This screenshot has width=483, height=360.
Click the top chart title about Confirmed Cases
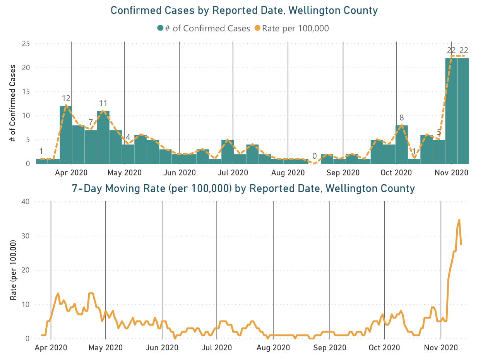pyautogui.click(x=244, y=10)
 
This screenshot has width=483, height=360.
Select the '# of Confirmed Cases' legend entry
pyautogui.click(x=204, y=28)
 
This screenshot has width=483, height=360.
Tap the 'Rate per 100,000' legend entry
pyautogui.click(x=292, y=28)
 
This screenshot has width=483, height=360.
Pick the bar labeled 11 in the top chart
pyautogui.click(x=103, y=137)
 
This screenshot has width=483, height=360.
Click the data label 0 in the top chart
pyautogui.click(x=315, y=156)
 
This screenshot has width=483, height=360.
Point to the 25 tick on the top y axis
pyautogui.click(x=26, y=44)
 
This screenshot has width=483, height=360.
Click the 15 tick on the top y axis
pyautogui.click(x=26, y=92)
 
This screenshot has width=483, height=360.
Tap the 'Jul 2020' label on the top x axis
pyautogui.click(x=233, y=173)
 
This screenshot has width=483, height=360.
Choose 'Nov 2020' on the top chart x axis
pyautogui.click(x=452, y=173)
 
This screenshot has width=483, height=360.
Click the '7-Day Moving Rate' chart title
pyautogui.click(x=243, y=189)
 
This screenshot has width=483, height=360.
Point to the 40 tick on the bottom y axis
pyautogui.click(x=26, y=202)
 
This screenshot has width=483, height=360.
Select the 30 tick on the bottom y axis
pyautogui.click(x=26, y=236)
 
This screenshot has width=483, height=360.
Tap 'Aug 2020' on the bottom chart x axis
pyautogui.click(x=273, y=348)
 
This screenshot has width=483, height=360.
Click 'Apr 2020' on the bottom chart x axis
pyautogui.click(x=51, y=348)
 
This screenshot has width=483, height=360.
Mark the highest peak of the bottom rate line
pyautogui.click(x=459, y=220)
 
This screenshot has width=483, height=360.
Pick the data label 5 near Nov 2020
pyautogui.click(x=439, y=132)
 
